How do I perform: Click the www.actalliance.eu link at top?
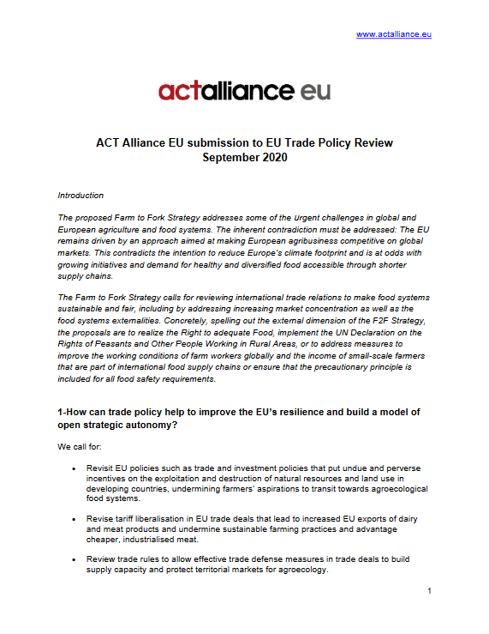393,34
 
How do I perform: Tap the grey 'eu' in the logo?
311,90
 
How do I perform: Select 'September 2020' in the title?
244,157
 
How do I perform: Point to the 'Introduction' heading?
81,196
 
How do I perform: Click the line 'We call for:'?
81,447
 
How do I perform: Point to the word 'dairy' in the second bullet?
405,519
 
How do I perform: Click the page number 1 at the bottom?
428,591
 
